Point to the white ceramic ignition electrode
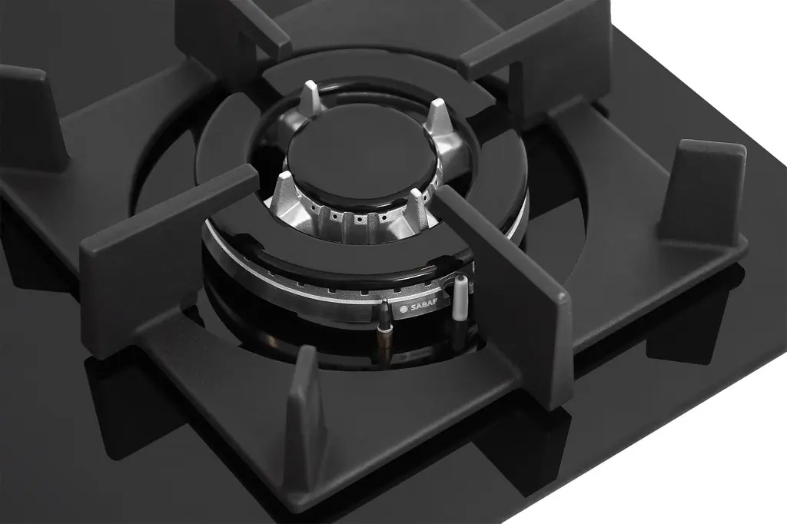click(460, 299)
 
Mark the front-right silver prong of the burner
click(417, 209)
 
